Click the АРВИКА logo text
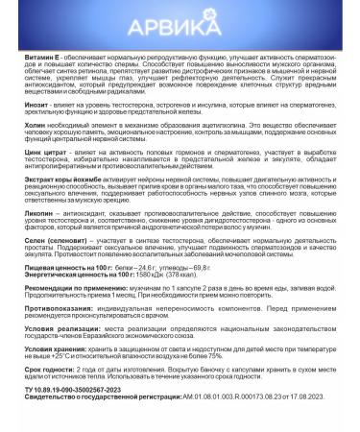(x=180, y=22)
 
